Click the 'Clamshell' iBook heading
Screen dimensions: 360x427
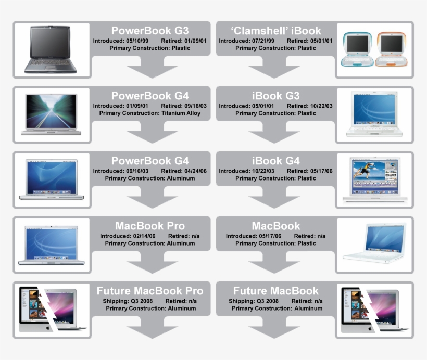276,31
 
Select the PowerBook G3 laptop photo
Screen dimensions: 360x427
51,50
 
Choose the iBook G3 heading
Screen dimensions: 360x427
276,96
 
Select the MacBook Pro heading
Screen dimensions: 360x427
150,226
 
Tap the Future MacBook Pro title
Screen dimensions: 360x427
150,291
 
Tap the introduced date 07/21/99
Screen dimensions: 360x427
263,41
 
